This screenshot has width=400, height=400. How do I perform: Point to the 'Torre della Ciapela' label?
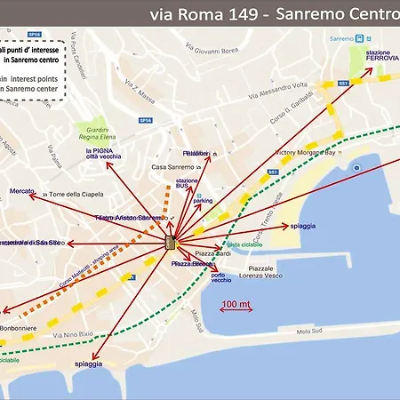[77, 194]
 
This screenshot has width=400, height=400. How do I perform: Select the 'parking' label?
[203, 201]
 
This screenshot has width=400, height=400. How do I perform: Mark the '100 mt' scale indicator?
[236, 304]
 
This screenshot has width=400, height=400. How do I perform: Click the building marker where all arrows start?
[171, 243]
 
